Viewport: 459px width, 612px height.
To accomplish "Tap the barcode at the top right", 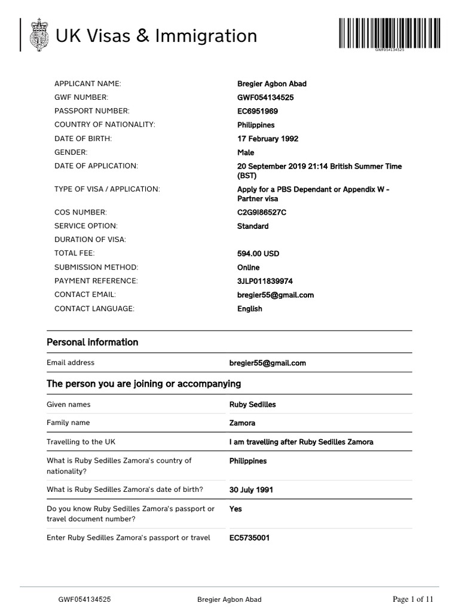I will tap(389, 34).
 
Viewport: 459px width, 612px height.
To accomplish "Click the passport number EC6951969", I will tap(258, 111).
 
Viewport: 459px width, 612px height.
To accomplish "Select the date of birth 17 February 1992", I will tap(268, 139).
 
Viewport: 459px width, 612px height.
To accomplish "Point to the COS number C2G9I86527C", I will tap(261, 212).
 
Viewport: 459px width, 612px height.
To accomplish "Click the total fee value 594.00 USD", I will tap(258, 253).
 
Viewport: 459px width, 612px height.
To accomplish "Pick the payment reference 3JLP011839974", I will tap(265, 281).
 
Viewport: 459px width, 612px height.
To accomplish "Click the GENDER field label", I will tap(71, 152).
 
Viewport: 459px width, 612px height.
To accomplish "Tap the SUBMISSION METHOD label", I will tap(96, 267).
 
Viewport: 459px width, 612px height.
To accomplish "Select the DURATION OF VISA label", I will tap(90, 240).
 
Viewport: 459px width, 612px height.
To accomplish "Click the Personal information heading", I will tap(92, 342).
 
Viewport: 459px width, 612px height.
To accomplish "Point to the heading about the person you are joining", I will tap(143, 384).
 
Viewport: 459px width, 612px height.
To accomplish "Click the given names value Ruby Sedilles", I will tap(253, 405).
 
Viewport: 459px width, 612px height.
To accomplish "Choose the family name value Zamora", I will tap(242, 423).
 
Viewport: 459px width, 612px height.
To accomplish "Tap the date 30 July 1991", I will tap(251, 490).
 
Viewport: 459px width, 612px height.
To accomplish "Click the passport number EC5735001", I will tap(249, 538).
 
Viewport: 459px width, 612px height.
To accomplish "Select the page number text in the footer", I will tap(412, 599).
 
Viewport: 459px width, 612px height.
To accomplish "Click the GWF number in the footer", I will tap(84, 599).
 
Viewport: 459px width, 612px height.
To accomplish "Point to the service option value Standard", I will tap(253, 226).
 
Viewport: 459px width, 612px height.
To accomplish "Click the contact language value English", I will tap(250, 309).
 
